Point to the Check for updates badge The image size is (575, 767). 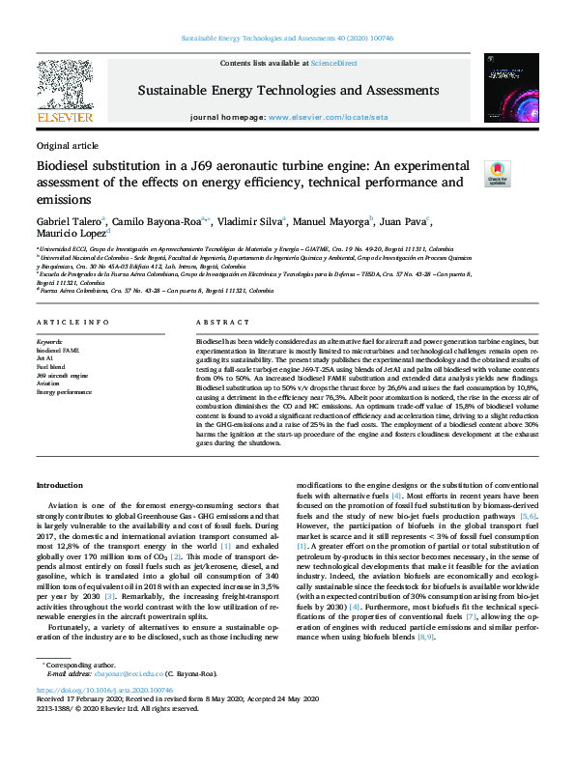(496, 173)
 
